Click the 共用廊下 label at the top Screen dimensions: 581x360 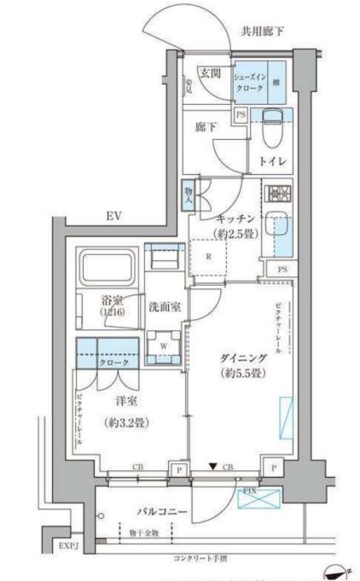262,32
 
